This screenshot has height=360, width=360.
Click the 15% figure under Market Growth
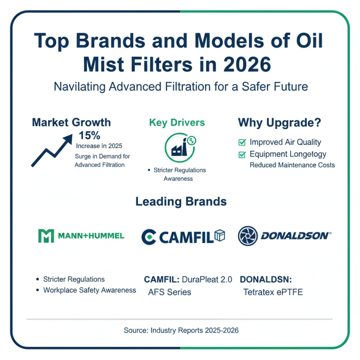click(89, 135)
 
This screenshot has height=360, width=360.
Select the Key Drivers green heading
click(177, 123)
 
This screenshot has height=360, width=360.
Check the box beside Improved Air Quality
click(242, 143)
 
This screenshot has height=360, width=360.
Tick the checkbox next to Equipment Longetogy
click(242, 155)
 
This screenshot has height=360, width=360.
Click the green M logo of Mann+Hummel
click(45, 235)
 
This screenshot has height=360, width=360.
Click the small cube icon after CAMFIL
click(220, 235)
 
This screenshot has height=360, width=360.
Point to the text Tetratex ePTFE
click(273, 292)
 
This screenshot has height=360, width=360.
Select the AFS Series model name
click(170, 292)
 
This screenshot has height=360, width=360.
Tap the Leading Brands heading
click(181, 202)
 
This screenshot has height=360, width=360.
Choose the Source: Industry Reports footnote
click(181, 330)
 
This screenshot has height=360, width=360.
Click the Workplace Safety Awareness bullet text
click(90, 290)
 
